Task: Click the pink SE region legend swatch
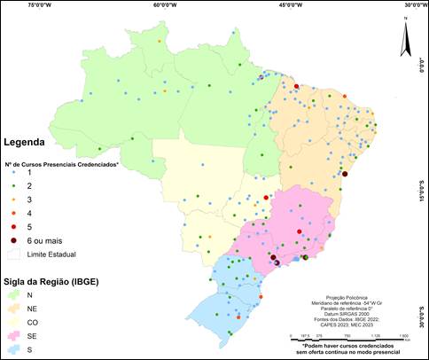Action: pyautogui.click(x=13, y=338)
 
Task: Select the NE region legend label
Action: pyautogui.click(x=32, y=309)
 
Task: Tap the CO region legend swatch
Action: pyautogui.click(x=13, y=323)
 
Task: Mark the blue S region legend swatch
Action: pyautogui.click(x=13, y=352)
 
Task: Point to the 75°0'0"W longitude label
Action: pyautogui.click(x=42, y=4)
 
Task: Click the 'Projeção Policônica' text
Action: pyautogui.click(x=347, y=297)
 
